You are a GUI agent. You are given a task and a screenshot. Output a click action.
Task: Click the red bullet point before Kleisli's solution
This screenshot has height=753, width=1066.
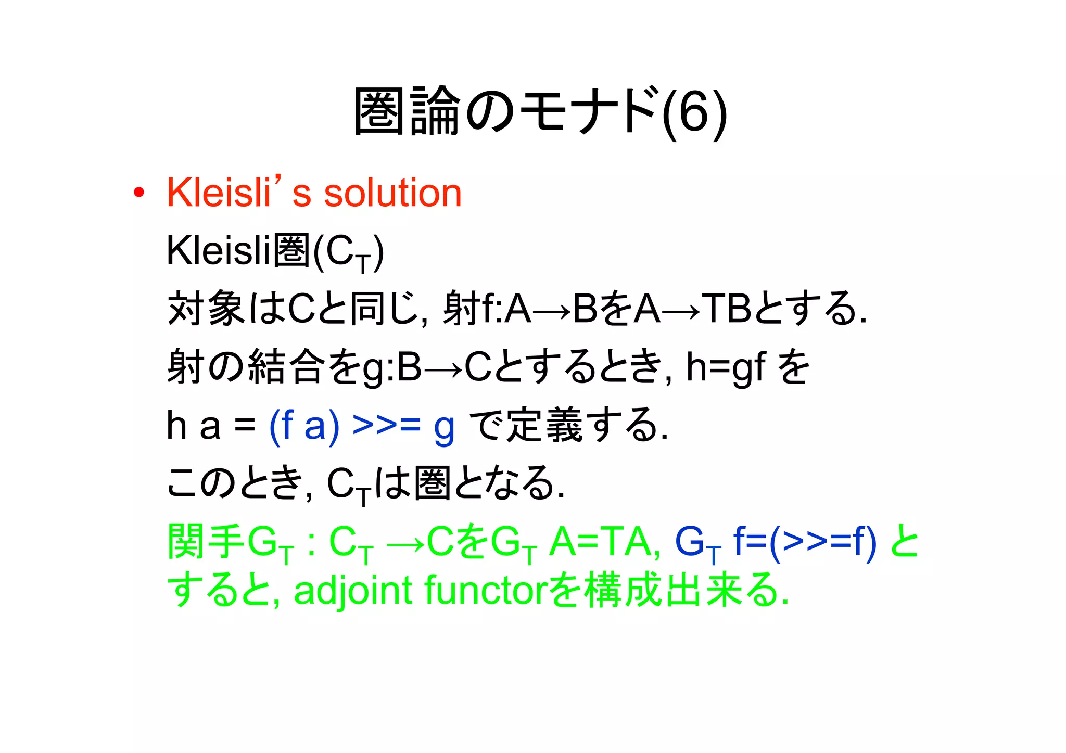(x=138, y=193)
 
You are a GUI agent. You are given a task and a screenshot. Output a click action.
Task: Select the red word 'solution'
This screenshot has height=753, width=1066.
(x=393, y=193)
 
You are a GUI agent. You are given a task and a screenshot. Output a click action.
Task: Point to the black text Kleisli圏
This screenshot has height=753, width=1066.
(x=239, y=251)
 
